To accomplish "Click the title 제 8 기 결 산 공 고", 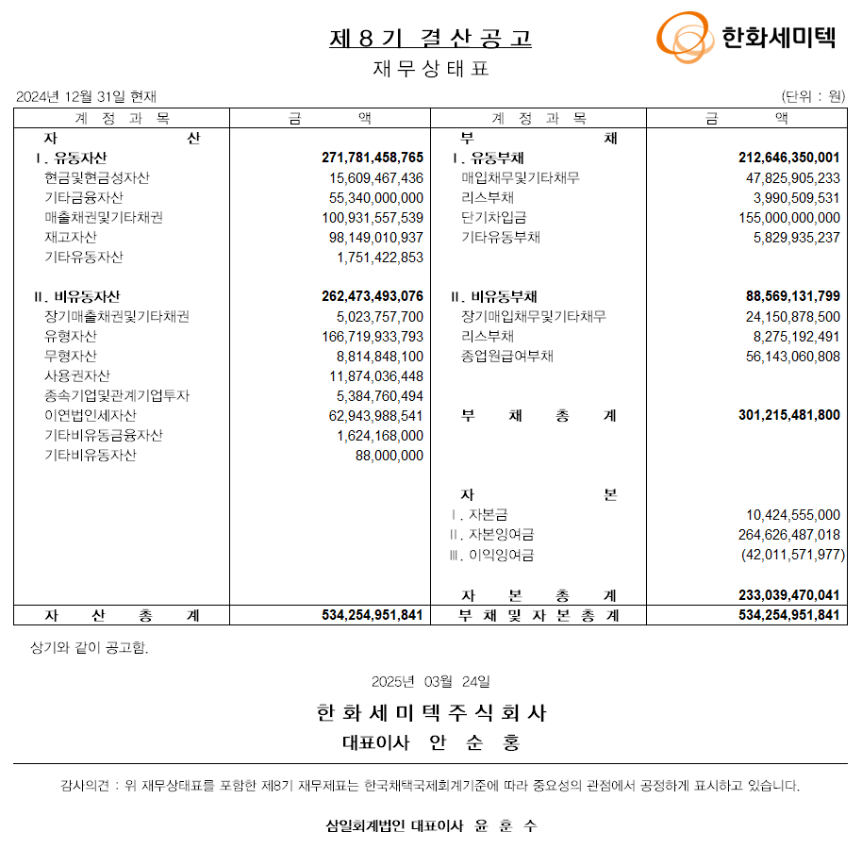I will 430,38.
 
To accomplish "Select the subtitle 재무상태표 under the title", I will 431,69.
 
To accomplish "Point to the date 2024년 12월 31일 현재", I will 87,96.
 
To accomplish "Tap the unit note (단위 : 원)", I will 813,96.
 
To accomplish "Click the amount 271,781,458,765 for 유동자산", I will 373,158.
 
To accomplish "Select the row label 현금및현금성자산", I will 96,177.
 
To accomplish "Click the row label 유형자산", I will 70,336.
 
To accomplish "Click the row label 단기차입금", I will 493,217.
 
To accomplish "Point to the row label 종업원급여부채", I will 506,356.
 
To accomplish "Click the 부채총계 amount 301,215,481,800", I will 788,415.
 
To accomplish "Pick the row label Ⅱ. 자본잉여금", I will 490,535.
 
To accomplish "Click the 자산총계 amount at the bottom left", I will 373,615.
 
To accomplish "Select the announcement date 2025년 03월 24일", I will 430,681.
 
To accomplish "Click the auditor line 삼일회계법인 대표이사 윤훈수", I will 431,825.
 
